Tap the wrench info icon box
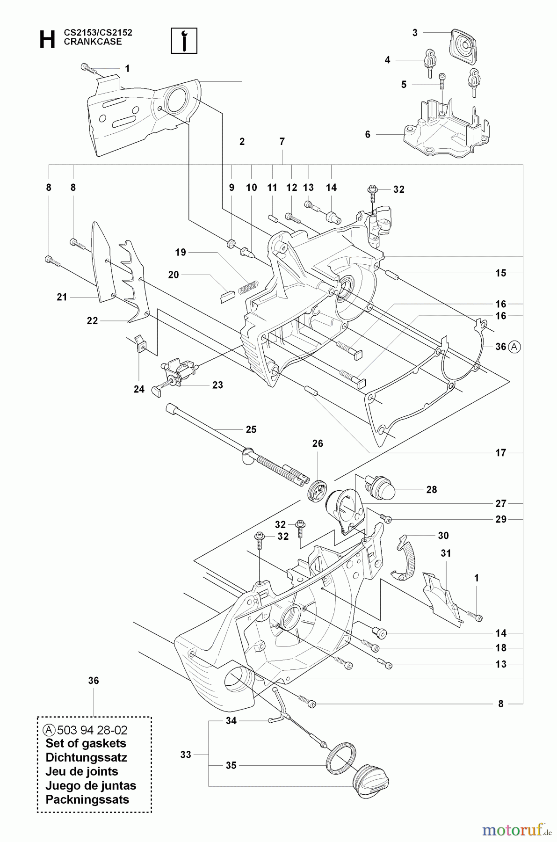click(x=185, y=41)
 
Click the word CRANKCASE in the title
click(x=93, y=42)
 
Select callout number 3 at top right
click(x=415, y=33)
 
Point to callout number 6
click(x=368, y=135)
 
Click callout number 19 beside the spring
click(x=181, y=253)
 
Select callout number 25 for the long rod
click(x=251, y=429)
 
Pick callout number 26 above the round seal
click(x=318, y=443)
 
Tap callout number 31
click(x=446, y=553)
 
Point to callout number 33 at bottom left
click(x=186, y=755)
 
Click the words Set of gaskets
click(x=86, y=743)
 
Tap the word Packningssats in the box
click(x=87, y=799)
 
